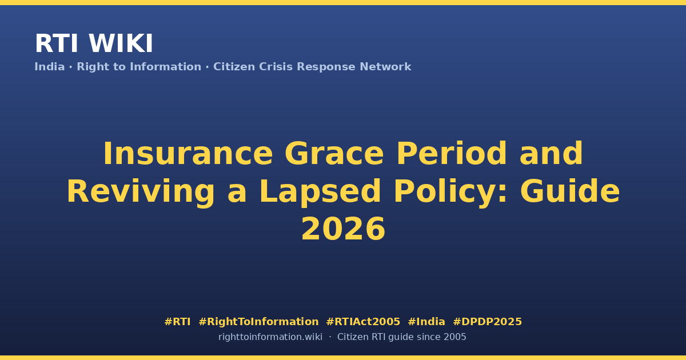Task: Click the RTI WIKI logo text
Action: pyautogui.click(x=94, y=43)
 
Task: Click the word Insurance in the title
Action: pyautogui.click(x=188, y=153)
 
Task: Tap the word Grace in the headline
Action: pyautogui.click(x=334, y=153)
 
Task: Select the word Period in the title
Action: pyautogui.click(x=452, y=153)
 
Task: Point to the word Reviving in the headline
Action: pyautogui.click(x=141, y=192)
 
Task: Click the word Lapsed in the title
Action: pyautogui.click(x=320, y=191)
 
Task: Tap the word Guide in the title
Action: pyautogui.click(x=570, y=191)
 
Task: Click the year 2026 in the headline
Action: pyautogui.click(x=343, y=229)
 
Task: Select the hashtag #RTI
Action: pyautogui.click(x=177, y=322)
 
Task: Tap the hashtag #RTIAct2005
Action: pyautogui.click(x=363, y=322)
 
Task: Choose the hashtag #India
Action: pyautogui.click(x=426, y=322)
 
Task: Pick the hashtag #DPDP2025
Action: pyautogui.click(x=487, y=322)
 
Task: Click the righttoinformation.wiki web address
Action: pyautogui.click(x=270, y=337)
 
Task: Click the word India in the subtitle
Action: pyautogui.click(x=50, y=67)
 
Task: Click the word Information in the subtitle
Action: pyautogui.click(x=166, y=67)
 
